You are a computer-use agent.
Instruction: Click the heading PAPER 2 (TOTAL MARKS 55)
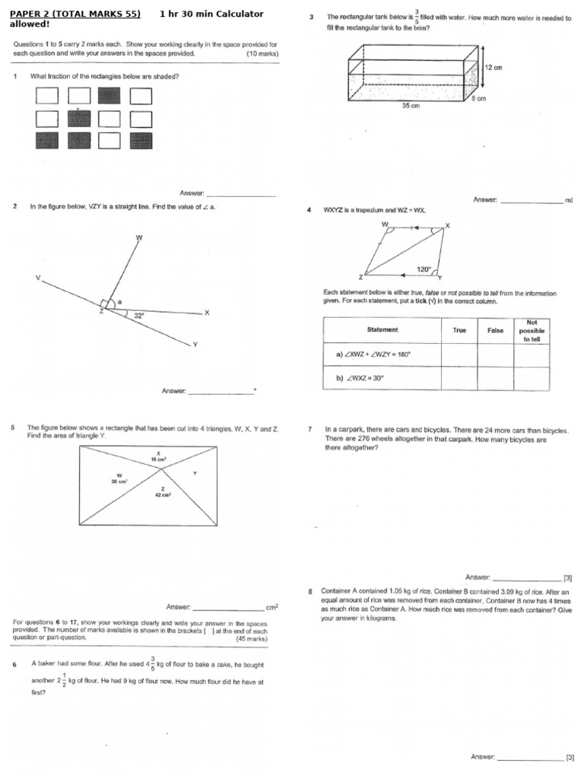click(x=75, y=14)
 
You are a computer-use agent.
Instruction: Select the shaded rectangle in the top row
click(x=109, y=96)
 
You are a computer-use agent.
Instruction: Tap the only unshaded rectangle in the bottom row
click(x=109, y=140)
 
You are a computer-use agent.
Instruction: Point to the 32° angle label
click(x=139, y=314)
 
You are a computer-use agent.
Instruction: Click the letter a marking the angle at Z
click(x=119, y=302)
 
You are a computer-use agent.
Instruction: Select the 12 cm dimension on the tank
click(x=495, y=68)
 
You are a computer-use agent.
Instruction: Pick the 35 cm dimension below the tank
click(x=411, y=107)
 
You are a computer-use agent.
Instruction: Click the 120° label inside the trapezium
click(x=424, y=269)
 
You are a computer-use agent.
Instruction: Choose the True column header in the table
click(x=459, y=330)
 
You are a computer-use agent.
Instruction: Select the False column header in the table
click(x=495, y=330)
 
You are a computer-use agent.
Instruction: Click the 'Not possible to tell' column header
click(x=532, y=330)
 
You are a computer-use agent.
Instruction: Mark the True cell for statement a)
click(x=459, y=355)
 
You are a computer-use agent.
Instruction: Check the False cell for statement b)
click(x=495, y=378)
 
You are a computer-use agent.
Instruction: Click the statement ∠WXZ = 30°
click(x=367, y=378)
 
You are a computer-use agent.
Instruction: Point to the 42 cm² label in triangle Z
click(x=163, y=494)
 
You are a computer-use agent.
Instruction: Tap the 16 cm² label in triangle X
click(x=159, y=459)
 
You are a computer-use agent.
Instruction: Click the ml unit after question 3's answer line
click(x=568, y=200)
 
